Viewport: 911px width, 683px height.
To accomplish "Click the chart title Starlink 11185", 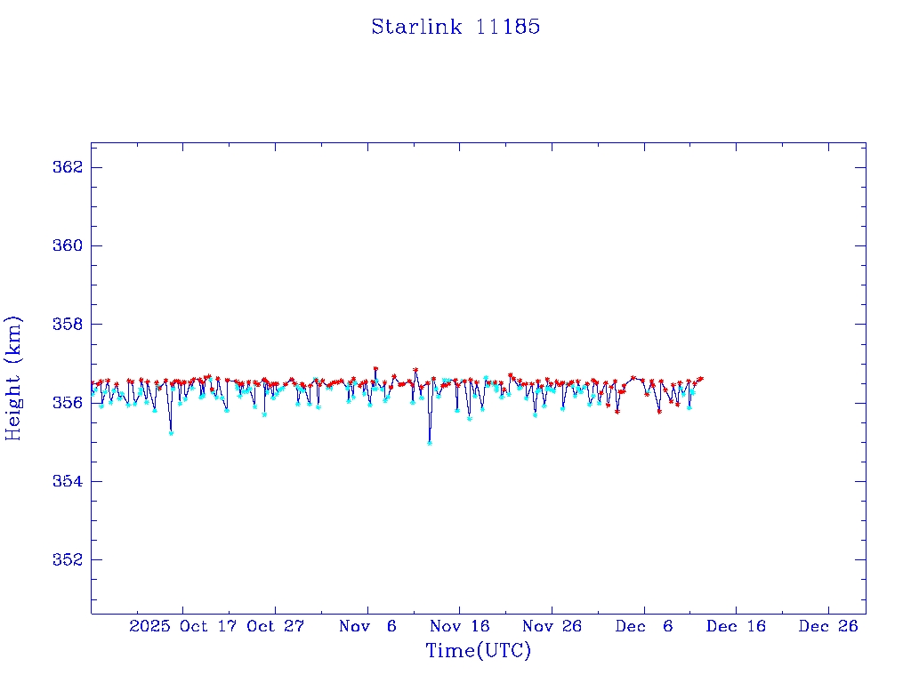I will click(455, 27).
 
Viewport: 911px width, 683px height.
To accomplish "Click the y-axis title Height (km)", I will click(13, 378).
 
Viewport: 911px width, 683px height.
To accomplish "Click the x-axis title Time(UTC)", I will click(478, 651).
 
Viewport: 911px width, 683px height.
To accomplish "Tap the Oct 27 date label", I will click(276, 626).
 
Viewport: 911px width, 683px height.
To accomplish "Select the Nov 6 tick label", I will click(367, 626).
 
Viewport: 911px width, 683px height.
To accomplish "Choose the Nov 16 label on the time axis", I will click(460, 626).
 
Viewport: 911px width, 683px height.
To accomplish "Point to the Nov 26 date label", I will click(552, 626).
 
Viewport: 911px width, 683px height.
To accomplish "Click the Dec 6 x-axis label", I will click(644, 626).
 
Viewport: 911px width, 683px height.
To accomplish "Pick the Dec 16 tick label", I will click(737, 626).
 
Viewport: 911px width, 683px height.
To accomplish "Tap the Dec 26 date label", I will click(828, 626).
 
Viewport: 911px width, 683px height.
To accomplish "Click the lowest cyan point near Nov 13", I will click(430, 442).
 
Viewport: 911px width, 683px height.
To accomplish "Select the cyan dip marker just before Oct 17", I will click(171, 432).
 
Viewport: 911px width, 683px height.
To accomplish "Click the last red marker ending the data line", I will click(701, 378).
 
